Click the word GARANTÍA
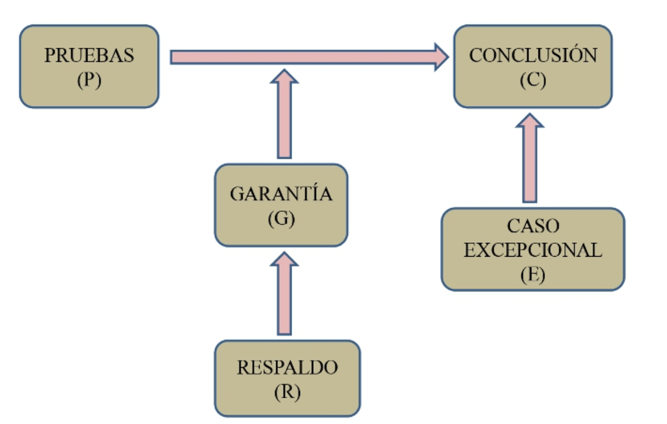pos(281,194)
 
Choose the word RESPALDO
pos(287,368)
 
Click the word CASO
pos(533,226)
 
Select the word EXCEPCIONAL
pos(533,250)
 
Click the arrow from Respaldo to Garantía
pos(285,298)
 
